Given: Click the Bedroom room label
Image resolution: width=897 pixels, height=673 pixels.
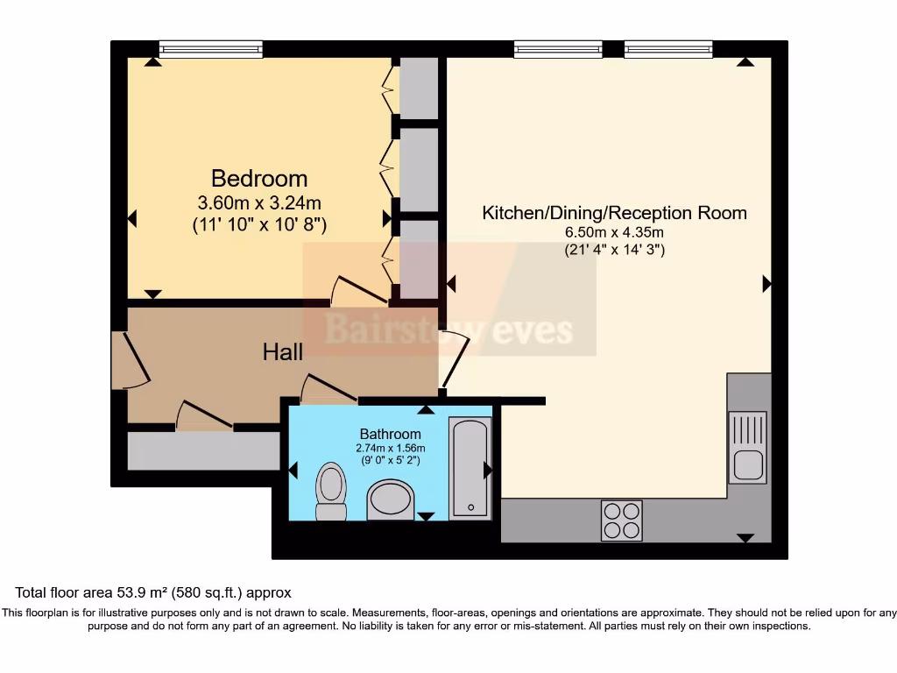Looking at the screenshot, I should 259,179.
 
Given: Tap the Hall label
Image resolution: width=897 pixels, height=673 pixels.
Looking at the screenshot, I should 283,352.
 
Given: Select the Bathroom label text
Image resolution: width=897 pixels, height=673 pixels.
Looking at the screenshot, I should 391,434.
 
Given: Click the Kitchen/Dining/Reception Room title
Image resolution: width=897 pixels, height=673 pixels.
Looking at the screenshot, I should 614,213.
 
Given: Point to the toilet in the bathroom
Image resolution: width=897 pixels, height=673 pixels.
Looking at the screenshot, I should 330,492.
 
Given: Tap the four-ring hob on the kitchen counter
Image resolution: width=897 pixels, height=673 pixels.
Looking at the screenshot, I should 621,520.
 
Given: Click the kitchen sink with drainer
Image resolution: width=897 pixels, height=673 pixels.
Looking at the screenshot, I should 747,447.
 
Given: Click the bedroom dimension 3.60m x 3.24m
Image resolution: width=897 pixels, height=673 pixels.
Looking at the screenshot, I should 259,202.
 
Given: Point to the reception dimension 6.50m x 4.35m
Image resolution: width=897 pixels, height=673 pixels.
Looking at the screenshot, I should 614,232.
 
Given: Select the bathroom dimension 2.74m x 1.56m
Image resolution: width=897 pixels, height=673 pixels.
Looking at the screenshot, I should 391,448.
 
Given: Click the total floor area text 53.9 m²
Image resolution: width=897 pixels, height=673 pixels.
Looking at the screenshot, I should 153,593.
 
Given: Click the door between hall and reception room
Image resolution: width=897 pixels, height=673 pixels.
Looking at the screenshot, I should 454,359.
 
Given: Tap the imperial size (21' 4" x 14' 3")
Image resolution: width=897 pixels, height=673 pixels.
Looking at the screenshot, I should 614,249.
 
